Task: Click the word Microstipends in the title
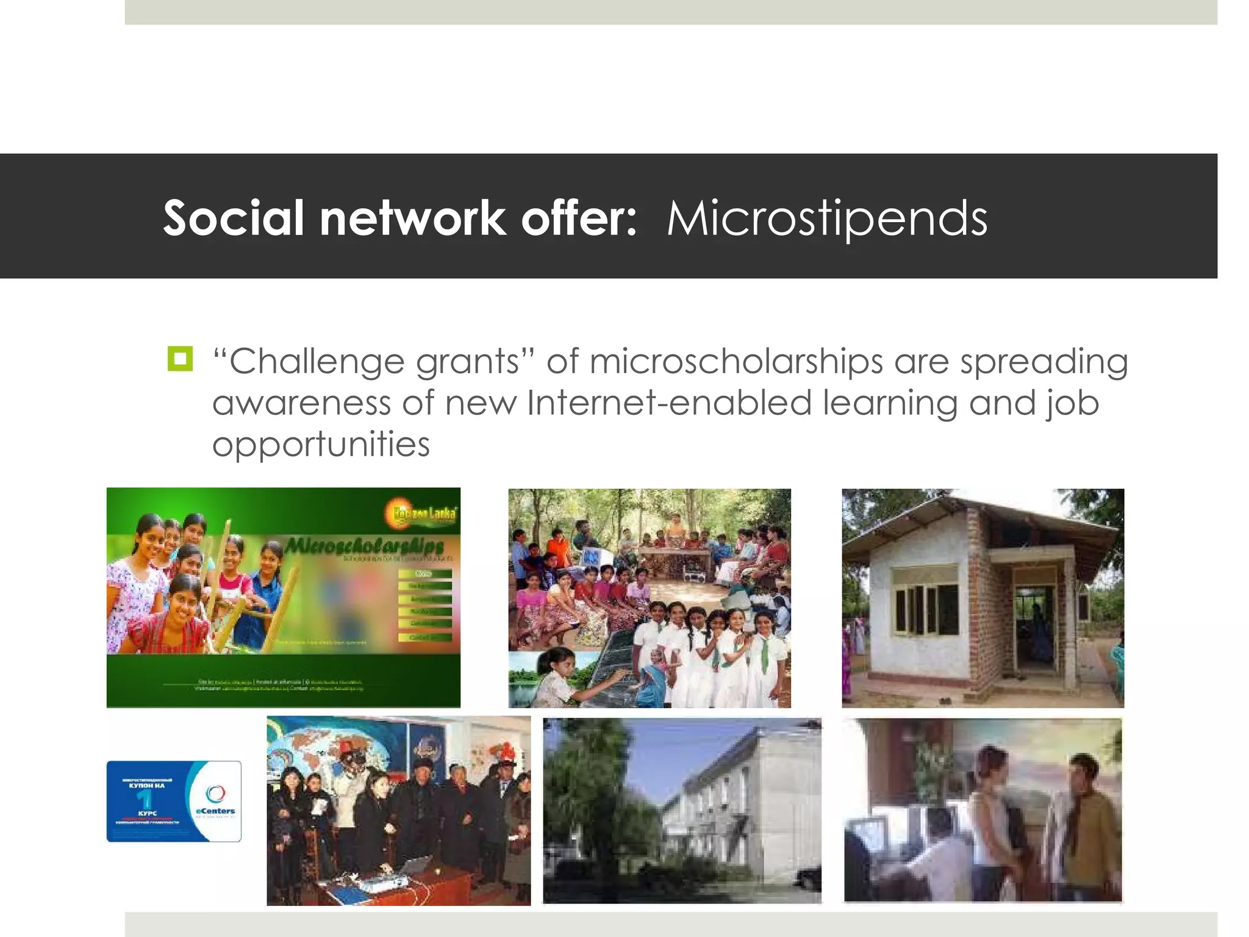click(826, 218)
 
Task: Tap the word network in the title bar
click(412, 218)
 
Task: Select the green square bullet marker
click(180, 359)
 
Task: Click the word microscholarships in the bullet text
click(735, 361)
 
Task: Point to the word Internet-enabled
click(669, 403)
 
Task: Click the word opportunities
click(321, 443)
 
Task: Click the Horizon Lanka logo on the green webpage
click(421, 513)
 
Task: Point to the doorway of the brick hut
click(1034, 622)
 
